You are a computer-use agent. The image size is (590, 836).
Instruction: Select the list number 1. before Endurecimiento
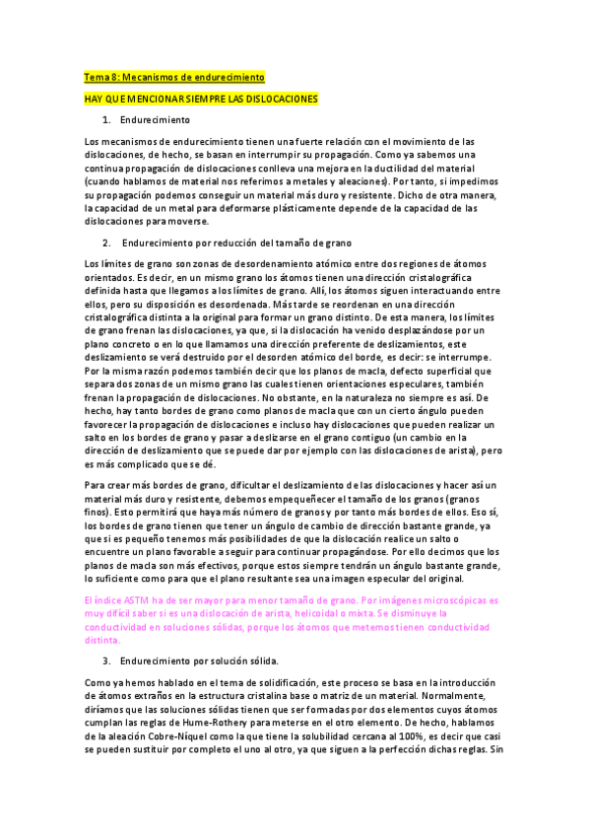tap(107, 120)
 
